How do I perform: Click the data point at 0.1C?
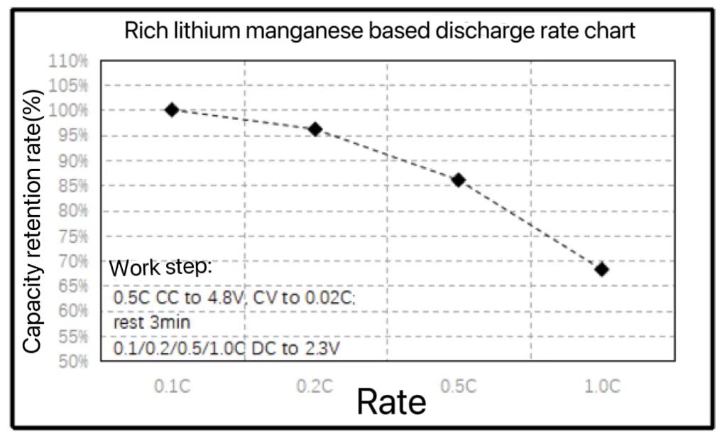(x=172, y=109)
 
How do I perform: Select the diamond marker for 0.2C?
(x=315, y=129)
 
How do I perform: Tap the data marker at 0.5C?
(x=459, y=180)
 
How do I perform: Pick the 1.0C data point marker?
(x=602, y=269)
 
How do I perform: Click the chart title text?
(x=380, y=31)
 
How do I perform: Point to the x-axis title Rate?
(x=391, y=402)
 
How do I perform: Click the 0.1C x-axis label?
(x=172, y=387)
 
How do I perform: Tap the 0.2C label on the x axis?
(x=315, y=387)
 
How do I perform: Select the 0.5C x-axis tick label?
(x=459, y=387)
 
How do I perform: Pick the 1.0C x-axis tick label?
(x=602, y=387)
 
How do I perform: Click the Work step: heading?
(x=160, y=269)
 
